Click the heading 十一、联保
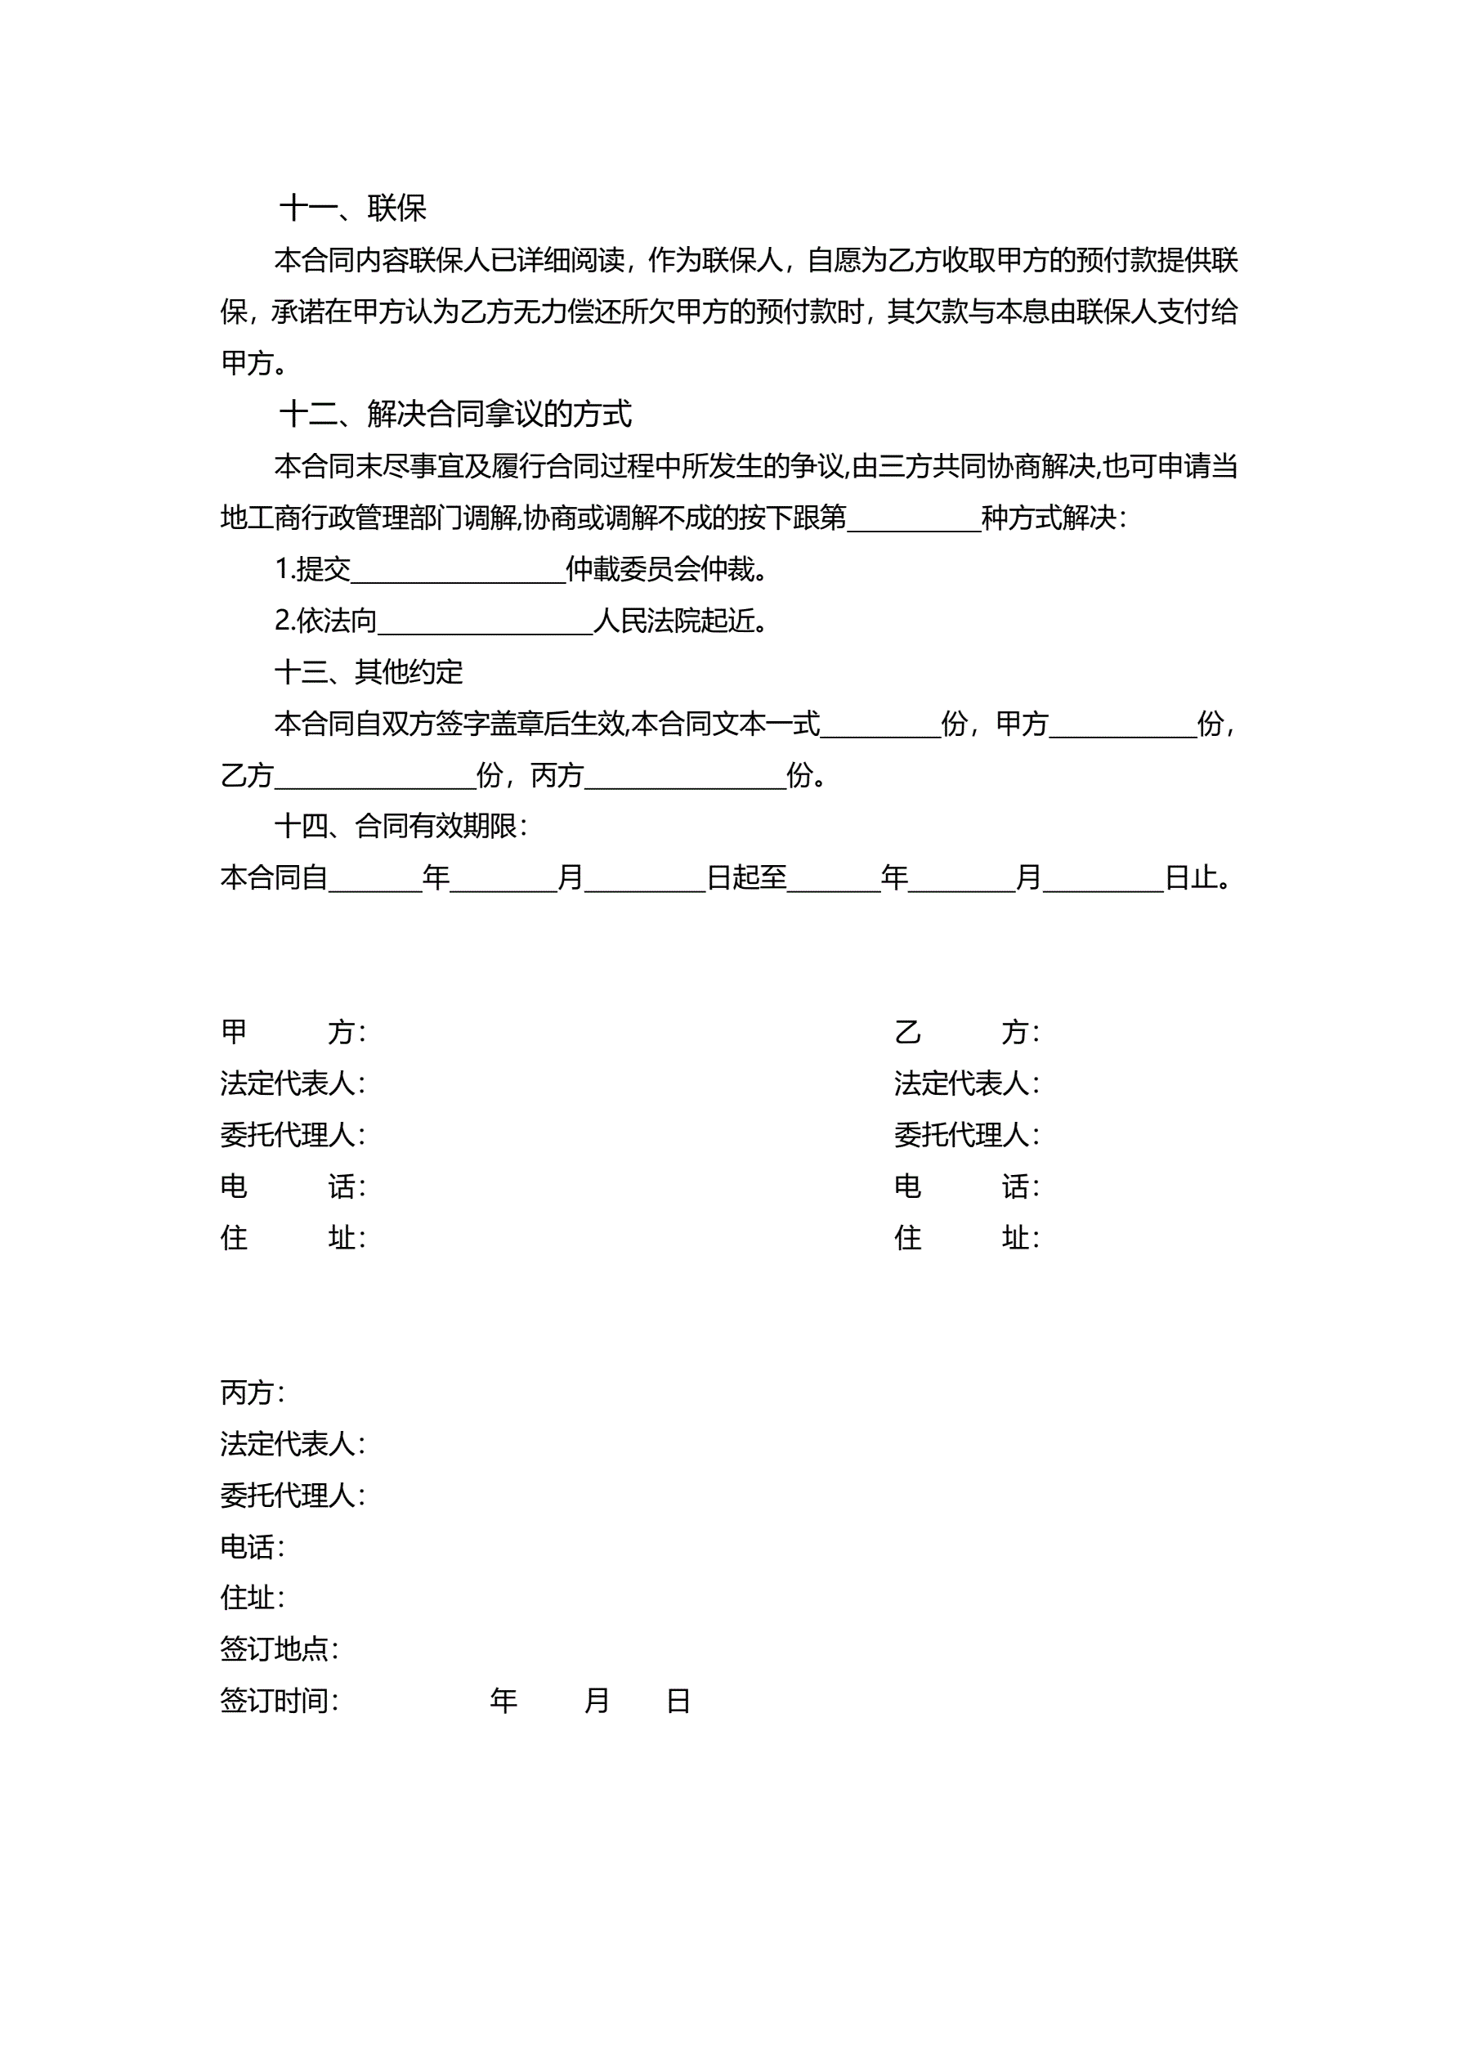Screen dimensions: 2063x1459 point(352,209)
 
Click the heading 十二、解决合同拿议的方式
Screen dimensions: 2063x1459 point(454,415)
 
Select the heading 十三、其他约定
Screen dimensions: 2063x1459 point(369,672)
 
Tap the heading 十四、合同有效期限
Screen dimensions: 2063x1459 point(400,826)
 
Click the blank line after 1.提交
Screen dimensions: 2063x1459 point(459,571)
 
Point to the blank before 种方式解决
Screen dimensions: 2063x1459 point(914,519)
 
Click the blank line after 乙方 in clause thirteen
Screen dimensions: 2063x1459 point(374,775)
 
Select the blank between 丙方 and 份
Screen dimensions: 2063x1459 point(685,775)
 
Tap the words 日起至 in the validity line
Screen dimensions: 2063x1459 point(746,878)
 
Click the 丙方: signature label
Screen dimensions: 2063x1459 point(253,1393)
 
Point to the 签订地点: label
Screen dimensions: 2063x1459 point(279,1650)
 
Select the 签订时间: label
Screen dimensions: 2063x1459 point(279,1701)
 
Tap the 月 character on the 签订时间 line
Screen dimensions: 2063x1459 point(597,1701)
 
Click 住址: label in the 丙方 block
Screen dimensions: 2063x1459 point(253,1598)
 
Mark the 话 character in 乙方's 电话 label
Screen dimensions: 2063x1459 point(1015,1187)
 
